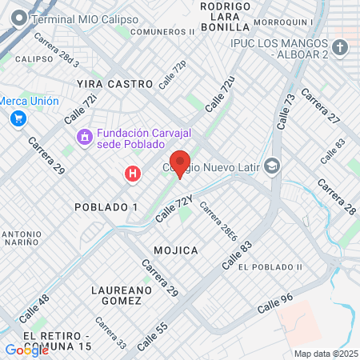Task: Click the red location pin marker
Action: [x=180, y=162]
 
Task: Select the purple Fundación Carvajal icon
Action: [x=84, y=138]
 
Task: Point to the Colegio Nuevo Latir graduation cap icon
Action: [x=272, y=166]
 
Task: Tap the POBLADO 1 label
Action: [x=106, y=207]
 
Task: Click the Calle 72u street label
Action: [x=220, y=94]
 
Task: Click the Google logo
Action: [x=26, y=350]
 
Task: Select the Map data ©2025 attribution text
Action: [x=325, y=354]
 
